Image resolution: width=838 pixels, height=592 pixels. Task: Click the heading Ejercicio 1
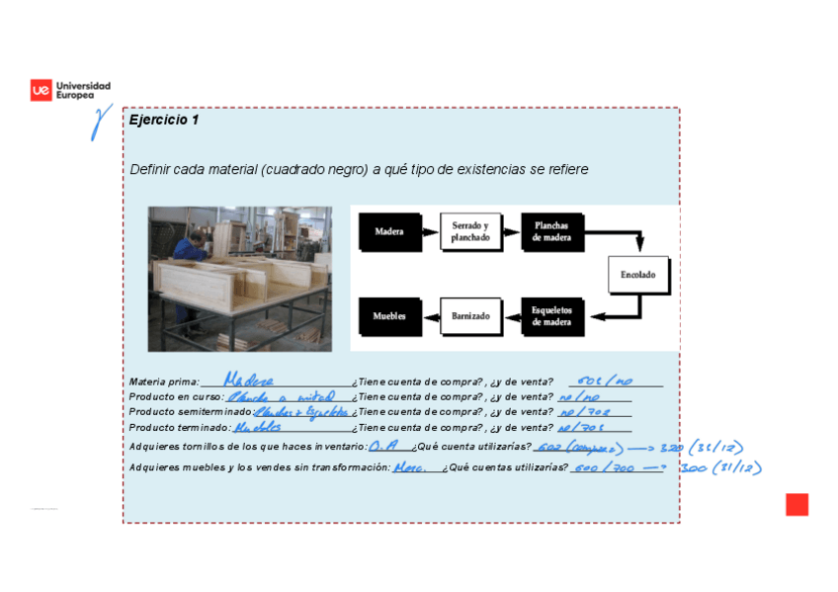164,121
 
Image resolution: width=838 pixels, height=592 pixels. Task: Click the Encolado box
637,275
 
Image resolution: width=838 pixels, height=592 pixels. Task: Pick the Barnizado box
470,316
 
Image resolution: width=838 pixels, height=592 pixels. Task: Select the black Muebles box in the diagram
389,316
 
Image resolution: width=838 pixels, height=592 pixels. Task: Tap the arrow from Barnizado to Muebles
430,316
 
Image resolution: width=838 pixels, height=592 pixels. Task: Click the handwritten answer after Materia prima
248,381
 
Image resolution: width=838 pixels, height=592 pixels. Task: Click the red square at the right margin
796,504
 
